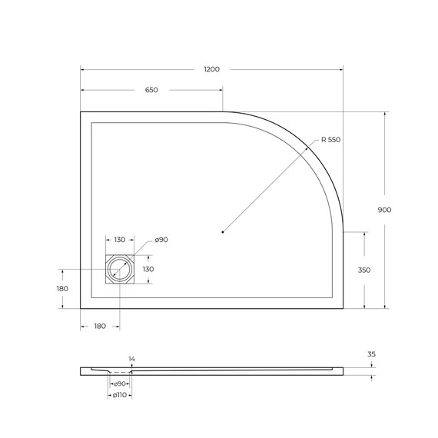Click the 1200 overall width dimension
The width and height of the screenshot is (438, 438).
coord(211,69)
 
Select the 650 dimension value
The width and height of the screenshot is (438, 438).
coord(151,90)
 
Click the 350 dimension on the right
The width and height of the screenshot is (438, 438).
coord(364,270)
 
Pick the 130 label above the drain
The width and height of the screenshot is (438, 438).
coord(120,241)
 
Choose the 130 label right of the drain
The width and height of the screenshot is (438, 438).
coord(148,269)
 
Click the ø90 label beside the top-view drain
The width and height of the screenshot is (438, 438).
coord(161,241)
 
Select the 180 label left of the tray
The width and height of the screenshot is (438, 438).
coord(62,288)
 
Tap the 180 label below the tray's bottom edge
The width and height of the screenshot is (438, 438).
coord(100,327)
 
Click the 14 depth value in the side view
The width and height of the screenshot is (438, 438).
coord(131,359)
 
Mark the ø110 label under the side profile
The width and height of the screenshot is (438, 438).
coord(120,395)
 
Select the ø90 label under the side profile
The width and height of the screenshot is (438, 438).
coord(120,383)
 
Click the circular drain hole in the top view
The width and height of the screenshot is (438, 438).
coord(120,270)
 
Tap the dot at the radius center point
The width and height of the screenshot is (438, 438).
coord(222,231)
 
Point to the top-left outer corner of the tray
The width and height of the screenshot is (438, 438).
coord(81,112)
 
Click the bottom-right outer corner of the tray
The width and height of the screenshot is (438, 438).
coord(343,308)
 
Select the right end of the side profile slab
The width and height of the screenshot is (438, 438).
coord(343,371)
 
